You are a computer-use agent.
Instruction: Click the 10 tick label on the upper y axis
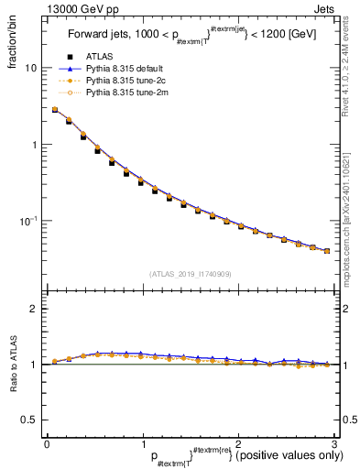(x=30, y=69)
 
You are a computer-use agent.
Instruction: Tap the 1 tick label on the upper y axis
(x=33, y=145)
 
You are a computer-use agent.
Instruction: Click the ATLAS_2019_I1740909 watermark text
(x=189, y=274)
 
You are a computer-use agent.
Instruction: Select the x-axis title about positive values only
(x=220, y=455)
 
